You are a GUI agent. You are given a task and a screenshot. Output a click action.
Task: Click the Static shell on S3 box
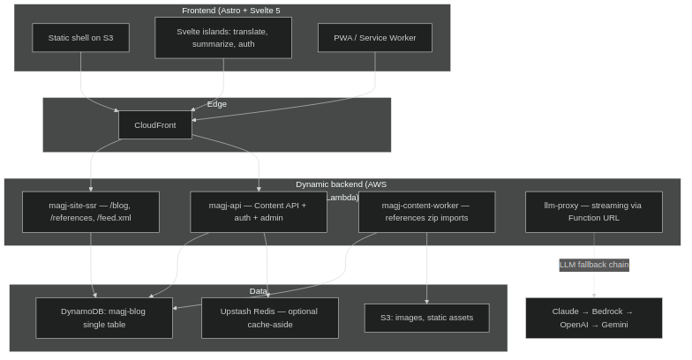tap(80, 38)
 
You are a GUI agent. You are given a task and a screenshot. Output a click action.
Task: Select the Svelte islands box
tap(222, 38)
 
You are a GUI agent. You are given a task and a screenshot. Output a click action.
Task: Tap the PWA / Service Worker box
tap(374, 38)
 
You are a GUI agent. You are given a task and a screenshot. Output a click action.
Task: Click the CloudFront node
tap(154, 125)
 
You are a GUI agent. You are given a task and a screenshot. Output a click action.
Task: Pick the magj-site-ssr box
tap(90, 212)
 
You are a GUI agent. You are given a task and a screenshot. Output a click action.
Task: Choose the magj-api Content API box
tap(258, 212)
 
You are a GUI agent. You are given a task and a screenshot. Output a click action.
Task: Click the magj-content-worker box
tap(426, 212)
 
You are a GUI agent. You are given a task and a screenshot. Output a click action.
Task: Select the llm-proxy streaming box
tap(593, 212)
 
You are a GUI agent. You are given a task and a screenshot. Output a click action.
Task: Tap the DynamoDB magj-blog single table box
tap(104, 318)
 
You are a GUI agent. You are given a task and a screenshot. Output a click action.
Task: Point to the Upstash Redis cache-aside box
tap(269, 318)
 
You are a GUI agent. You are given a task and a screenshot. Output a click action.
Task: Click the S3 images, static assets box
tap(426, 318)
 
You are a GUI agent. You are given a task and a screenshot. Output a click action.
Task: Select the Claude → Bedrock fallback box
tap(593, 318)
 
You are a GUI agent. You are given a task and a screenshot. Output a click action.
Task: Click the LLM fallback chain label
tap(593, 265)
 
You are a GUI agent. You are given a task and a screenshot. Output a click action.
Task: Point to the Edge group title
tap(216, 104)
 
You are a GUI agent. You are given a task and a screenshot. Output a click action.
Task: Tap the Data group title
tap(258, 291)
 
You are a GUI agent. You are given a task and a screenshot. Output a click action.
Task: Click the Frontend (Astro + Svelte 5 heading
tap(230, 11)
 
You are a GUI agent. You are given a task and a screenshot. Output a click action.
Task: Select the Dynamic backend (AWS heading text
tap(341, 184)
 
